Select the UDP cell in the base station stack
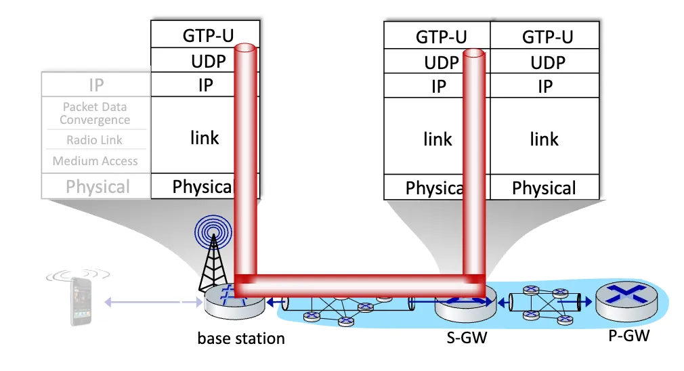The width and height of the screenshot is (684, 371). (204, 61)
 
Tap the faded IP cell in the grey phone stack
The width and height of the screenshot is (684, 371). (96, 85)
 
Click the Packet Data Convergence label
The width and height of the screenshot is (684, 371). (95, 113)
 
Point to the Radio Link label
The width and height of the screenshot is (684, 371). (95, 140)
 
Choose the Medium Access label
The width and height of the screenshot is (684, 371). (95, 161)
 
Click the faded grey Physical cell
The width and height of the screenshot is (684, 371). (97, 186)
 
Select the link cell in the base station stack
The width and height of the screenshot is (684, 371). (204, 137)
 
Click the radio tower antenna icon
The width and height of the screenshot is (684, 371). (213, 254)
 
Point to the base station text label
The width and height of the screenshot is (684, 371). (241, 338)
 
